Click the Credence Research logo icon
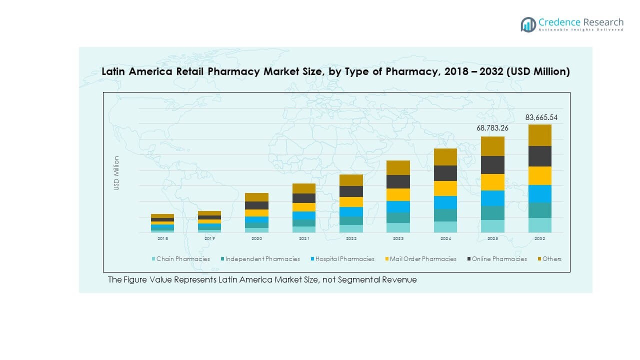[x=528, y=24]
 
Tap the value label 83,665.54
[x=541, y=118]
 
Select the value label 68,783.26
[x=492, y=128]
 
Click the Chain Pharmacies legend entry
[x=180, y=259]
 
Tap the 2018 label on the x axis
[x=162, y=239]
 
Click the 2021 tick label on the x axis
[x=304, y=239]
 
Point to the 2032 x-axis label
[x=540, y=239]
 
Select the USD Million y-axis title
[x=116, y=173]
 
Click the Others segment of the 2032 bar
[x=540, y=135]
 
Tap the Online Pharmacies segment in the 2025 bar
[x=492, y=165]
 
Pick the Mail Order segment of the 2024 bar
[x=445, y=188]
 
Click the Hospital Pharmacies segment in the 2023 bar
[x=398, y=206]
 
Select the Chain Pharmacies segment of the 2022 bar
[x=351, y=229]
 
